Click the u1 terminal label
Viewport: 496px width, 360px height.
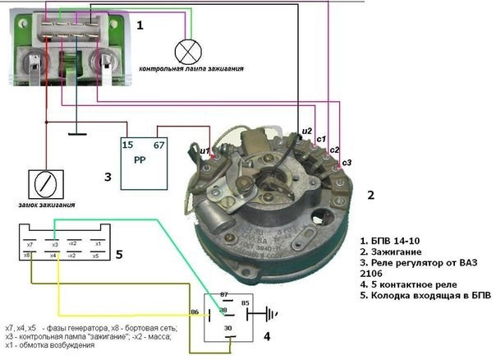point(205,150)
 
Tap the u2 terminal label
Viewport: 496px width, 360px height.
point(307,131)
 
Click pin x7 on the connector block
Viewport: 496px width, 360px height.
point(30,245)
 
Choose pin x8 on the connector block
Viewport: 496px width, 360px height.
point(30,256)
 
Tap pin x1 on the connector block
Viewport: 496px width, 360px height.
point(96,244)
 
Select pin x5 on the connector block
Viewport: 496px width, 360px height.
point(96,256)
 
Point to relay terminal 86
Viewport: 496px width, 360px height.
point(195,312)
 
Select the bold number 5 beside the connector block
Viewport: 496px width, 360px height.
point(118,255)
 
